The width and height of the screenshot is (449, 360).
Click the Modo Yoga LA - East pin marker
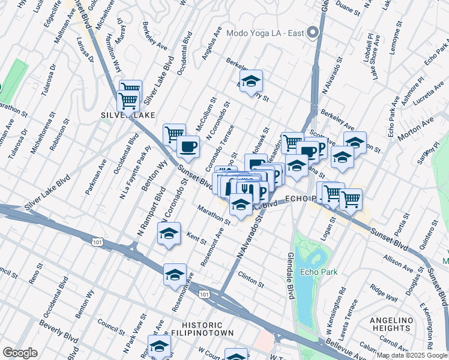pyautogui.click(x=312, y=32)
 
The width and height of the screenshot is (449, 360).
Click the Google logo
pyautogui.click(x=20, y=353)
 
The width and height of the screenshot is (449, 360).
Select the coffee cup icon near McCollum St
pyautogui.click(x=188, y=146)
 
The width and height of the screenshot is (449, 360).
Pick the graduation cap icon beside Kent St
pyautogui.click(x=169, y=232)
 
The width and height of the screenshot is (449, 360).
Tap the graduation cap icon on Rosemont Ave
pyautogui.click(x=175, y=274)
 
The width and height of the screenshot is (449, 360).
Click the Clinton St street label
pyautogui.click(x=251, y=279)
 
